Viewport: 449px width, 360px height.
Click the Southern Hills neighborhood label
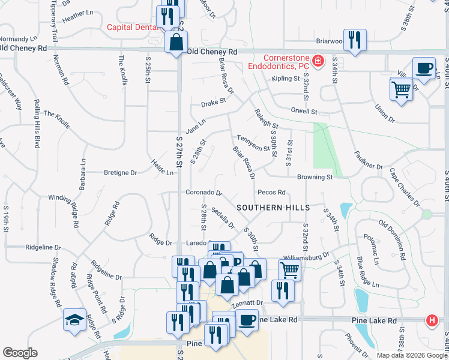tap(273, 208)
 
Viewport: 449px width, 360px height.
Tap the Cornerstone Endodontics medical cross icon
tap(318, 61)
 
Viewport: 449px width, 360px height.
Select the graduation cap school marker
tap(75, 319)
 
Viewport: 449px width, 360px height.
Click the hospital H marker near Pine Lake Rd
tap(432, 321)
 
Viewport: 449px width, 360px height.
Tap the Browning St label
tap(315, 178)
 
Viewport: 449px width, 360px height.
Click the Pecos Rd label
tap(271, 193)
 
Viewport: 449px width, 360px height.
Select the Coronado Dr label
tap(203, 193)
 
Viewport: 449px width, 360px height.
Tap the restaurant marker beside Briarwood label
tap(354, 40)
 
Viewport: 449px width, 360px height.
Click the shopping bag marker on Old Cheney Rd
tap(176, 43)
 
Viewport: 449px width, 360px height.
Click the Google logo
tap(20, 353)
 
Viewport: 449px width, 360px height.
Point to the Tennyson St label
tap(253, 143)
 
